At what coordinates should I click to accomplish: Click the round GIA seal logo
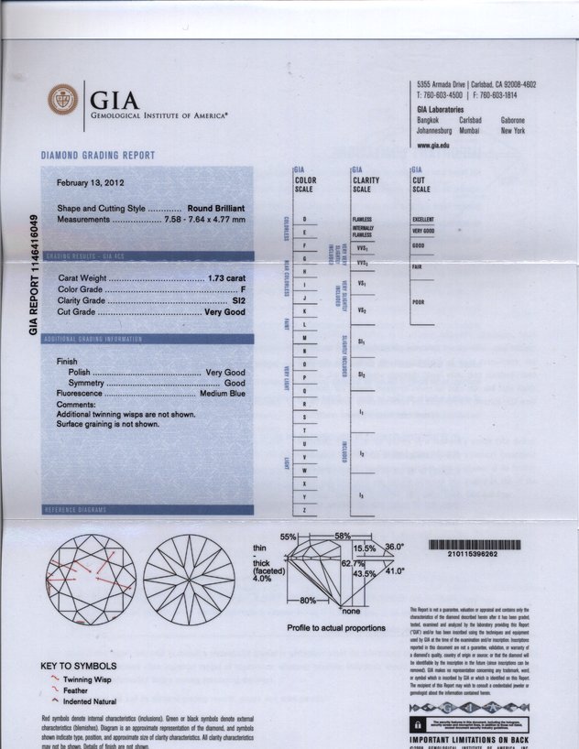64,100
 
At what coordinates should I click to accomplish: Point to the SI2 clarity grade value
238,300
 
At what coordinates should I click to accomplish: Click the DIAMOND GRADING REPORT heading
98,156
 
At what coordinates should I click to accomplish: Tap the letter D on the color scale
304,220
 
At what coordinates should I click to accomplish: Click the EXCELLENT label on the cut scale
423,220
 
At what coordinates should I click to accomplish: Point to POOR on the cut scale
419,302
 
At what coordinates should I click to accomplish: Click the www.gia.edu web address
433,145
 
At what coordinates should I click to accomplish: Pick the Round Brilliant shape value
216,209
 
